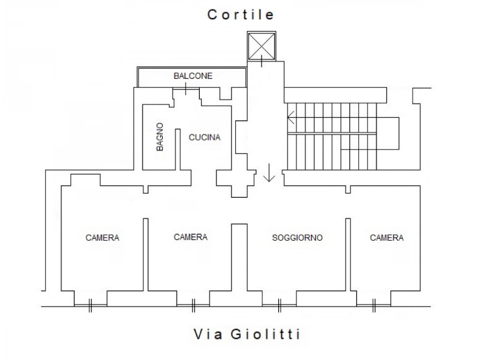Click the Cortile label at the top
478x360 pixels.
pos(240,14)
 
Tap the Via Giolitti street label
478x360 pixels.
pos(247,334)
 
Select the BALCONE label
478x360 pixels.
pos(193,76)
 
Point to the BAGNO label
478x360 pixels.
pos(160,137)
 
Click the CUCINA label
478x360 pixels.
pos(204,138)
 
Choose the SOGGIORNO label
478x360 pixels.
pos(297,237)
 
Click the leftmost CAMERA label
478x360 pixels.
pos(102,237)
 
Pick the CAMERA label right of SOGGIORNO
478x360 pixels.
pos(387,237)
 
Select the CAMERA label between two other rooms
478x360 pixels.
pos(190,237)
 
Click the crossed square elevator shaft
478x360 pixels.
pos(261,46)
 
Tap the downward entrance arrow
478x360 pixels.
pos(269,173)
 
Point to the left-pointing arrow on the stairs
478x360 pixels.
pos(291,117)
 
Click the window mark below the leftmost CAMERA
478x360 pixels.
pos(90,305)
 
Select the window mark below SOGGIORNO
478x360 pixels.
pos(279,305)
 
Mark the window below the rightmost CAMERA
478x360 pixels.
pos(374,305)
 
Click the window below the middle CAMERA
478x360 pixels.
pos(193,305)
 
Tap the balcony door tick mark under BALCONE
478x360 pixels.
pos(186,89)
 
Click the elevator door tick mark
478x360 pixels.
pos(261,61)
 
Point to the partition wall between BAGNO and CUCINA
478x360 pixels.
pos(178,149)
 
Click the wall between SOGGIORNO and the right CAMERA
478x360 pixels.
pos(348,255)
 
